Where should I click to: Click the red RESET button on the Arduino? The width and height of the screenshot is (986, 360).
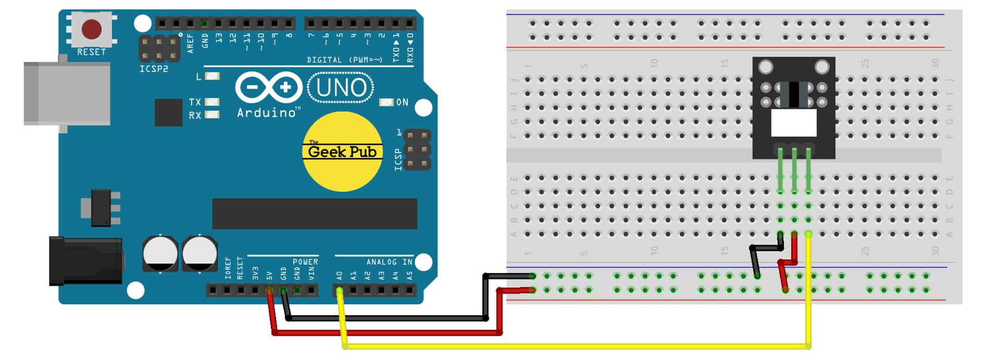(92, 30)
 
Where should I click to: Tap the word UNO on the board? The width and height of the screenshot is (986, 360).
(341, 88)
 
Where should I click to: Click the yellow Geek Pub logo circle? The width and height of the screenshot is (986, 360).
(342, 151)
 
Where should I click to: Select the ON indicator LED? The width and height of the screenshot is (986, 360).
(386, 102)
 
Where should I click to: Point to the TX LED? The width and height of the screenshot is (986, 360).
(212, 102)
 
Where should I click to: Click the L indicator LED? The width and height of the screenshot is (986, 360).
(212, 76)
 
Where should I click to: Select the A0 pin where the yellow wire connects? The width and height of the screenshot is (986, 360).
(340, 290)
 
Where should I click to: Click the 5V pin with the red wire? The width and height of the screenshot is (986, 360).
(269, 290)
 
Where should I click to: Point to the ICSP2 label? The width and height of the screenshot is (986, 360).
(154, 69)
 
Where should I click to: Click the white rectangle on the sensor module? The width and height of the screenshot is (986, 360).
(793, 123)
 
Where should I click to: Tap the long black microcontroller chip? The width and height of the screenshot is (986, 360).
(314, 214)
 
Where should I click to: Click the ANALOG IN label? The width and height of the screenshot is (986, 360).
(389, 262)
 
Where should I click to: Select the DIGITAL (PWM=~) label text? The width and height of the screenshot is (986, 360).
(344, 60)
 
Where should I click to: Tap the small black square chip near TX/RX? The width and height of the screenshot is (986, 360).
(168, 112)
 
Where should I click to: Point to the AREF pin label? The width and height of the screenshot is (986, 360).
(190, 43)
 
